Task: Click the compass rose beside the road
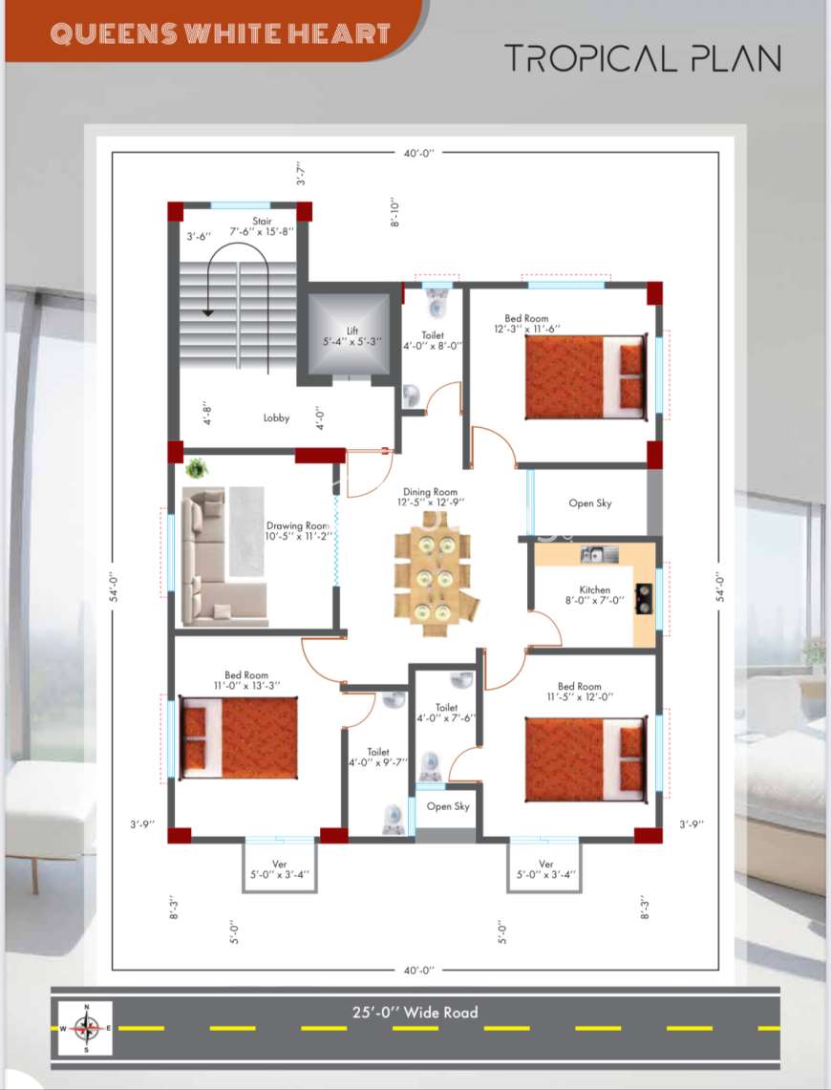tap(85, 1028)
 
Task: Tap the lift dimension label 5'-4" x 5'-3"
tap(352, 341)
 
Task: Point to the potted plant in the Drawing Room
tap(197, 468)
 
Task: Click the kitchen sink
tap(599, 554)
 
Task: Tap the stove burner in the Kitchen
tap(644, 599)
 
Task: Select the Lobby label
tap(277, 417)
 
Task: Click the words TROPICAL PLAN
tap(643, 57)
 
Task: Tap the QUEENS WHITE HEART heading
tap(221, 33)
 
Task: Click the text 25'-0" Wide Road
tap(415, 1013)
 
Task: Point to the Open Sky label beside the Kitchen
tap(590, 502)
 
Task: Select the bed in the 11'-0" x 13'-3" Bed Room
tap(239, 737)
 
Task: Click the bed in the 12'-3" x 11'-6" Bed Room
tap(586, 376)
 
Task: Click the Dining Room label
tap(430, 491)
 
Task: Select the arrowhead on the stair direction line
tap(208, 312)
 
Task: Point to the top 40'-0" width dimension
tap(418, 152)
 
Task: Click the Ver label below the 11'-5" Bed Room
tap(546, 864)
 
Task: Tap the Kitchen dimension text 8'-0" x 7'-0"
tap(595, 600)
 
